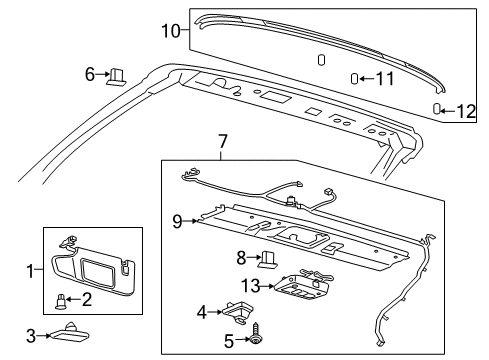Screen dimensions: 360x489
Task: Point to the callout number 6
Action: point(90,73)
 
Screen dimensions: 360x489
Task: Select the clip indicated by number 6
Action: point(115,73)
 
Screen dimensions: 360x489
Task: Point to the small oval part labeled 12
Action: point(438,108)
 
